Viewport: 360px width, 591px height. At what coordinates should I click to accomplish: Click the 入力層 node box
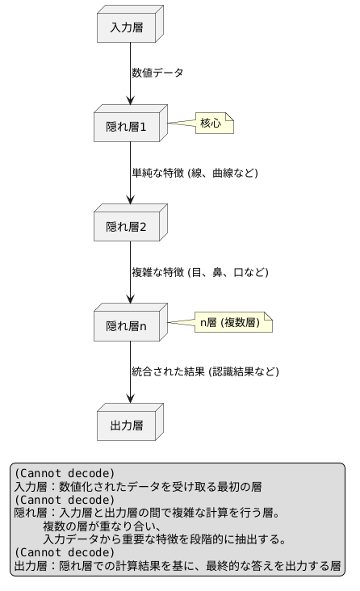click(126, 27)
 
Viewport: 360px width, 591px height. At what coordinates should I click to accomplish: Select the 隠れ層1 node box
click(126, 126)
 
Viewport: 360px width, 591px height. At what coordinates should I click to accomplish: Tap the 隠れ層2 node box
click(126, 226)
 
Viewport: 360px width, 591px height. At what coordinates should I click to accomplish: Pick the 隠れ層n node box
click(126, 325)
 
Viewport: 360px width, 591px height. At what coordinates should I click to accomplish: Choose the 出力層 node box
click(126, 425)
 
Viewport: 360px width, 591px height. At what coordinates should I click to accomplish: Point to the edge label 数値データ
click(158, 73)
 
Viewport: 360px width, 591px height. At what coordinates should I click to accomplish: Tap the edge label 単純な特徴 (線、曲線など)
click(195, 173)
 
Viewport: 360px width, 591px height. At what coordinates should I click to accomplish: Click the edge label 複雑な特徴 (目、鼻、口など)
click(199, 272)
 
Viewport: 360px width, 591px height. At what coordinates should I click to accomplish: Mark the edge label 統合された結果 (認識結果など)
click(205, 371)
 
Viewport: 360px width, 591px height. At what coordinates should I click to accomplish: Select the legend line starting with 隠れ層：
click(147, 513)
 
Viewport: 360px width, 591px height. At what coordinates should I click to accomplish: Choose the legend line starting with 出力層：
click(177, 565)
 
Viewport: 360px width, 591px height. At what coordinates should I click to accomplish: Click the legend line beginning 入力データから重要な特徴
click(165, 539)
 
